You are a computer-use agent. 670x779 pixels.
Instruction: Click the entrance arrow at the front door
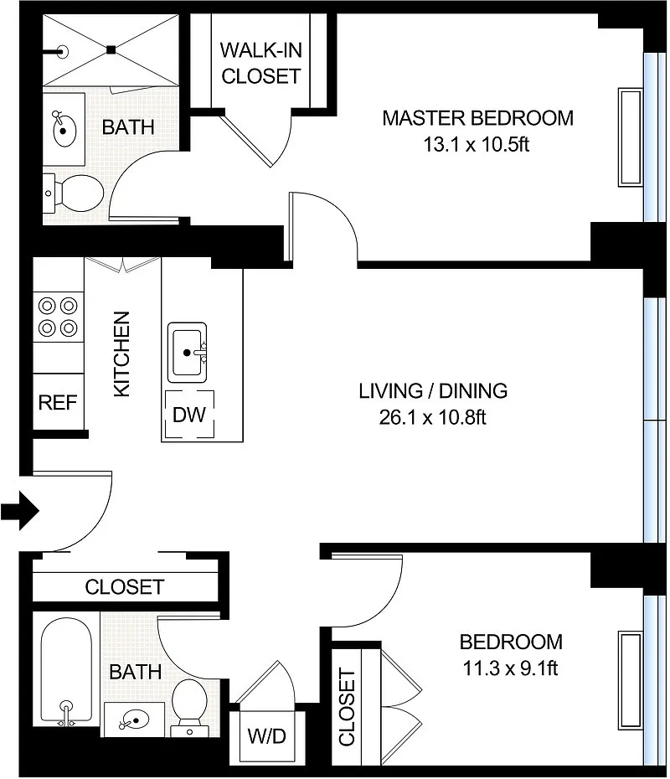(20, 510)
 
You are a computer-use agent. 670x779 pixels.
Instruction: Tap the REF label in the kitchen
(58, 402)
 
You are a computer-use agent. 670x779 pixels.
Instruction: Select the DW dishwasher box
(189, 415)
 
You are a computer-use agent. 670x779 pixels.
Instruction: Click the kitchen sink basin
(188, 353)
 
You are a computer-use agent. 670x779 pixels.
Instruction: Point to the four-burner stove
(58, 317)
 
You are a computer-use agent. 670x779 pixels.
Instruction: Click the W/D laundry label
(266, 735)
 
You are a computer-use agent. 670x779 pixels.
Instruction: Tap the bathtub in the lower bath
(66, 671)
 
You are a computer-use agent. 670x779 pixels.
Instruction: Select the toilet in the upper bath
(74, 193)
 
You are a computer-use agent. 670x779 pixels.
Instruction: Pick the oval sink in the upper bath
(63, 130)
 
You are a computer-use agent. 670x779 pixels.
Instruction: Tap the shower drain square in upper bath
(111, 49)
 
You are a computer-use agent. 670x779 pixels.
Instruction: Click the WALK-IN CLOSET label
(261, 63)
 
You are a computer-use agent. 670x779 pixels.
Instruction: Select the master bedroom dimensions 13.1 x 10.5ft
(477, 145)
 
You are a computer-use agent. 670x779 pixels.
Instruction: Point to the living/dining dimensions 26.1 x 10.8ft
(433, 417)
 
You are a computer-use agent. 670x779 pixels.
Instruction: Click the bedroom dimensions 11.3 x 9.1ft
(510, 668)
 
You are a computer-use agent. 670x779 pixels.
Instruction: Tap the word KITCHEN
(121, 354)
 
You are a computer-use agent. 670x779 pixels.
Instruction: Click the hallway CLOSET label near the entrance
(125, 587)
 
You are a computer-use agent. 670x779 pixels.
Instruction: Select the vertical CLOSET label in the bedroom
(348, 707)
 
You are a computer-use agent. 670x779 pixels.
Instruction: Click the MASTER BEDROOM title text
(477, 118)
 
